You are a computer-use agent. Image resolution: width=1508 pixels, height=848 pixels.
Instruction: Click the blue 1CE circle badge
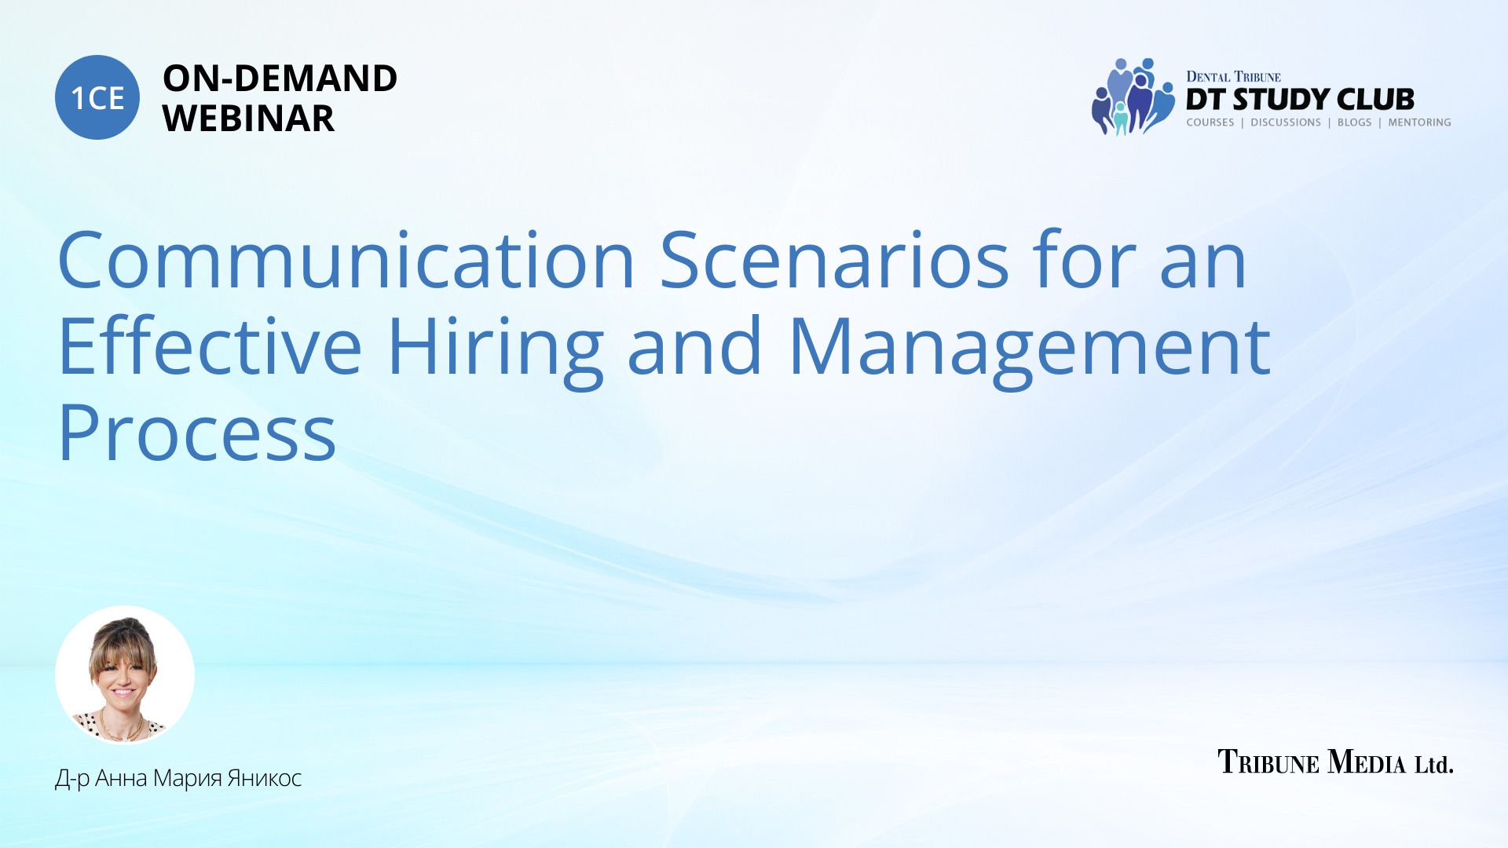click(x=97, y=97)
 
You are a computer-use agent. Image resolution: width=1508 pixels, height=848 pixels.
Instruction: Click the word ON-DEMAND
click(x=280, y=79)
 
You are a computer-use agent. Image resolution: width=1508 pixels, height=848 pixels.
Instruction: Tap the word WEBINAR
click(x=248, y=119)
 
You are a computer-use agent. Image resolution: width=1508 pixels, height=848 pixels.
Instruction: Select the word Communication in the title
click(x=346, y=260)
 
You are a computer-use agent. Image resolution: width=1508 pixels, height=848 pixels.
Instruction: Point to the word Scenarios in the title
click(x=834, y=260)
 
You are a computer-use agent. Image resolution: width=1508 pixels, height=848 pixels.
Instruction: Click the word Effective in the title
click(x=210, y=346)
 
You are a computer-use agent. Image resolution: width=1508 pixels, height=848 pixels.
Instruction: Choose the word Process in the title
click(x=197, y=433)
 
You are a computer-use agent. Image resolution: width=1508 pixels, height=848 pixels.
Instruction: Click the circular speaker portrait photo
click(x=125, y=675)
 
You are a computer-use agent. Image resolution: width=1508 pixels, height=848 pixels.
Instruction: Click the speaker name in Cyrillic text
click(x=178, y=778)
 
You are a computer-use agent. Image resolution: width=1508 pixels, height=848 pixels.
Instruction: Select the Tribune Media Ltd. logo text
click(x=1335, y=762)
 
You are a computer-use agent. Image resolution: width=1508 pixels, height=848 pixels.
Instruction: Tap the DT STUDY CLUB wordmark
click(x=1300, y=99)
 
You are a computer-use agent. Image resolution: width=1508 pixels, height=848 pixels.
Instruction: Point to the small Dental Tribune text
click(x=1233, y=77)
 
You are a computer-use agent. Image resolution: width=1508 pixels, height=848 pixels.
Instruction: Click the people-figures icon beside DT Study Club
click(x=1132, y=97)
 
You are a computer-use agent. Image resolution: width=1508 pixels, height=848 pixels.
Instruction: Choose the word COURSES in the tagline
click(x=1210, y=122)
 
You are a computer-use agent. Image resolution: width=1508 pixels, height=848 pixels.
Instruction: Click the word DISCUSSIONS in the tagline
click(x=1286, y=122)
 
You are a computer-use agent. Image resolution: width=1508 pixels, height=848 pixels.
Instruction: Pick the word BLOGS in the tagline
click(x=1355, y=122)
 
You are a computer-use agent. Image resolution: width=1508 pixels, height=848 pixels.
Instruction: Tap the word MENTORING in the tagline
click(x=1419, y=122)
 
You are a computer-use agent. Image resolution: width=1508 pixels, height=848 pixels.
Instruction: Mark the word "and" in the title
click(x=695, y=346)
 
